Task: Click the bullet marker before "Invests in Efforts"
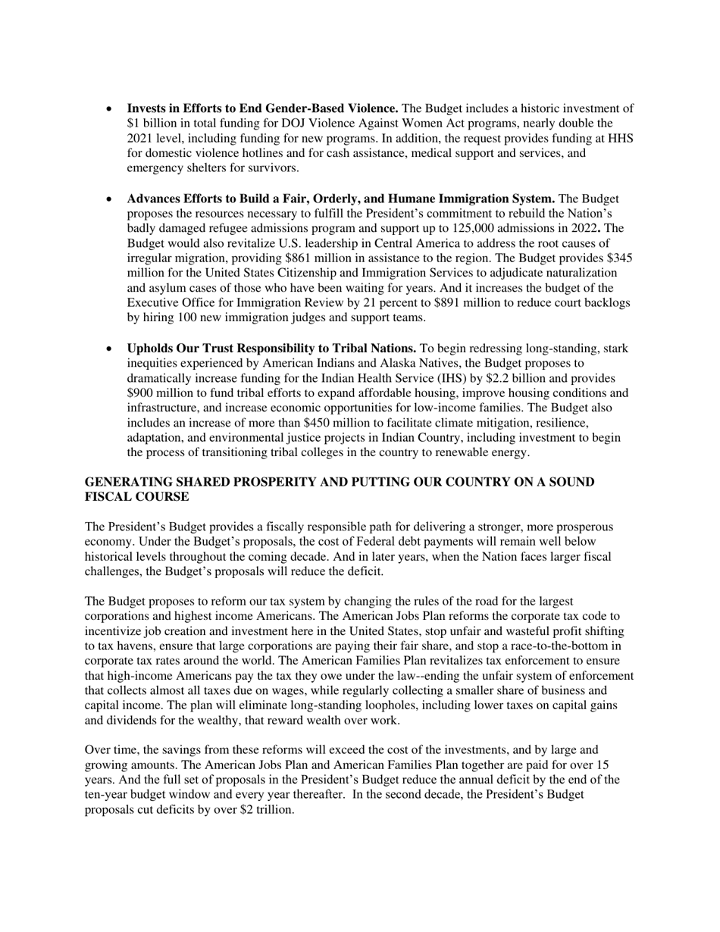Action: pyautogui.click(x=110, y=108)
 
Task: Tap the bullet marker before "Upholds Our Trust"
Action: pyautogui.click(x=110, y=349)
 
